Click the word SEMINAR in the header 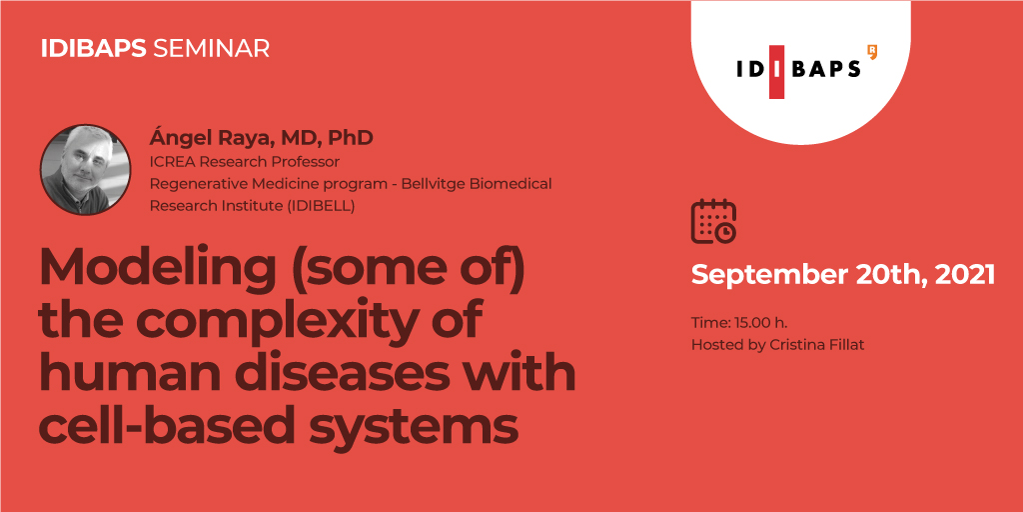(x=210, y=49)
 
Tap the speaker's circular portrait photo (x=86, y=169)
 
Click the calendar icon (x=713, y=221)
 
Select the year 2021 (x=965, y=274)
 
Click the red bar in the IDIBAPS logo (x=776, y=72)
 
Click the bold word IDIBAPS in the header (x=93, y=49)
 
